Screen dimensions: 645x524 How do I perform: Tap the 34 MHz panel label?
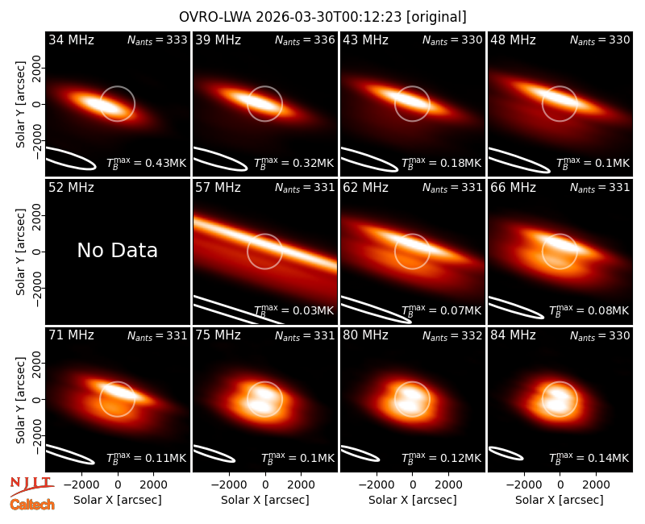pos(71,40)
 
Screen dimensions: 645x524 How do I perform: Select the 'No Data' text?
pos(117,250)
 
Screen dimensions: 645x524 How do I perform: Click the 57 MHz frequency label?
pos(218,188)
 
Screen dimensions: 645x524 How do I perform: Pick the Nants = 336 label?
pos(305,40)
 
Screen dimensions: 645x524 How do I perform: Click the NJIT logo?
pos(31,486)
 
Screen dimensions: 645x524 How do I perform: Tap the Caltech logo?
pos(32,505)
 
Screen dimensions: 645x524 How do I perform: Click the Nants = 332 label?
pos(452,335)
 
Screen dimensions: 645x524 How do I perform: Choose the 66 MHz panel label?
pos(513,188)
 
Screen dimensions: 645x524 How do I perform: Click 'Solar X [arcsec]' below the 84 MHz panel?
pos(560,500)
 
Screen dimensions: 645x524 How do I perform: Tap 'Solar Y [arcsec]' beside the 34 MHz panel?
pos(20,105)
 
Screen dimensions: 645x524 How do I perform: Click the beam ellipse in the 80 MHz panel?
pos(360,454)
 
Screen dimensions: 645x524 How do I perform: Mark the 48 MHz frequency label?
pos(513,40)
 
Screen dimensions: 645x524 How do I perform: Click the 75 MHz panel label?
pos(218,335)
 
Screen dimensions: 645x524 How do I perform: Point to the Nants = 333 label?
pos(157,40)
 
